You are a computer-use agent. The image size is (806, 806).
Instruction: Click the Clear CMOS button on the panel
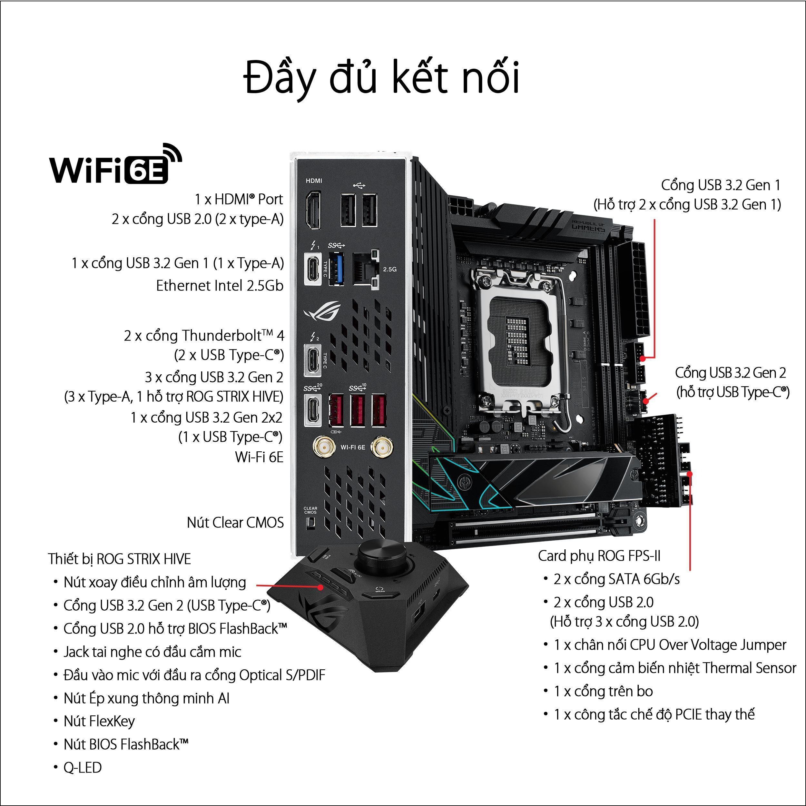pos(310,522)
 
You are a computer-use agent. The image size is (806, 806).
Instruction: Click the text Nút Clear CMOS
pos(235,522)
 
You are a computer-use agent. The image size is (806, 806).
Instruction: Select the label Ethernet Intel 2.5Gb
pos(220,286)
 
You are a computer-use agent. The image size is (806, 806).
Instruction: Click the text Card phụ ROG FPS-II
pos(599,556)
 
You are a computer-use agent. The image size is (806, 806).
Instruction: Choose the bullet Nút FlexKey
pos(99,721)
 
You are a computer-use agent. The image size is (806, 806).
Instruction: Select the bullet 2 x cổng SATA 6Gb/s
pos(616,579)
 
